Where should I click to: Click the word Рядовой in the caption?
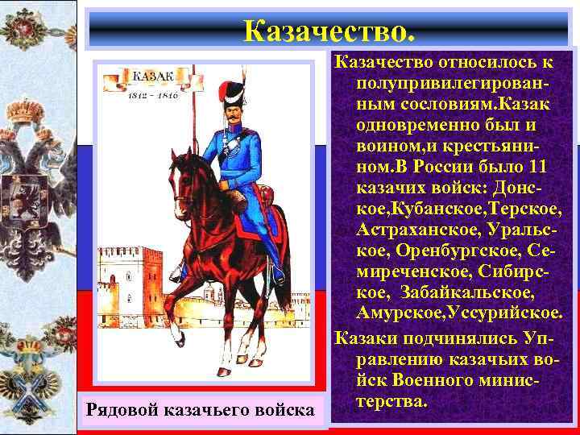122,411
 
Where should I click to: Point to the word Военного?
440,378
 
